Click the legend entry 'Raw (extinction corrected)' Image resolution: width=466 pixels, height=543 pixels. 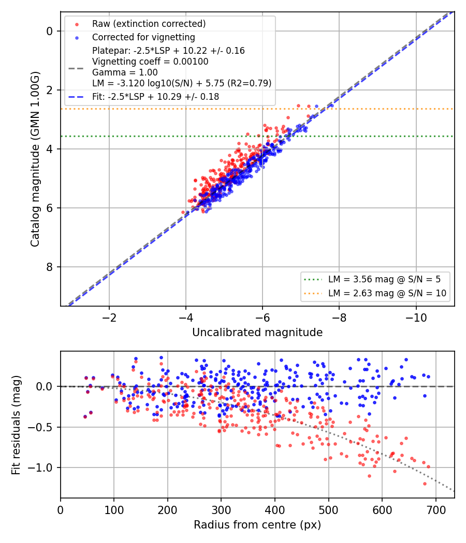click(149, 24)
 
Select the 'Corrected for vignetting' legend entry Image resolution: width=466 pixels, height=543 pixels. click(143, 37)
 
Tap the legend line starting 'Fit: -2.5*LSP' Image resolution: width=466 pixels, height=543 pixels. click(155, 97)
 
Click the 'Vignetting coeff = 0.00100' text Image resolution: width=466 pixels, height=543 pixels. click(150, 62)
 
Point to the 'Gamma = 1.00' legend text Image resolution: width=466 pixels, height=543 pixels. click(125, 72)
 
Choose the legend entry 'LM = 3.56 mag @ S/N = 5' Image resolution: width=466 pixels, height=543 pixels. click(384, 279)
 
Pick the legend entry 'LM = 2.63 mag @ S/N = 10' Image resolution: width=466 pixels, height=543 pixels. click(387, 293)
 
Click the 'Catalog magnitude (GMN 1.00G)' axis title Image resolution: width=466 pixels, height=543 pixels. click(35, 159)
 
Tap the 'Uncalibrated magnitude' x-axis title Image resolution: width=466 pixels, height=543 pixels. click(257, 333)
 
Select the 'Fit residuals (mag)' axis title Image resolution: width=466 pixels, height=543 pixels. click(16, 425)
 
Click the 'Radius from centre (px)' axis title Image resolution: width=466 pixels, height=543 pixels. click(257, 525)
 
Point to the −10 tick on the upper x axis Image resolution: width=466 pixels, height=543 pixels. click(416, 318)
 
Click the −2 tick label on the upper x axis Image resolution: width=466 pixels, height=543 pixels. click(109, 318)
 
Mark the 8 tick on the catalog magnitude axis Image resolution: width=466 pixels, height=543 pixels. click(50, 267)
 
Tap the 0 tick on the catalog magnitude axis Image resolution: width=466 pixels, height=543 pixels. click(50, 31)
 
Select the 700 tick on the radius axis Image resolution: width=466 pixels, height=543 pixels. click(436, 510)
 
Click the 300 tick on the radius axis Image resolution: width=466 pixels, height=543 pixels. click(221, 510)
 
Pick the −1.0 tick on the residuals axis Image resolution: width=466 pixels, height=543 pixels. click(42, 467)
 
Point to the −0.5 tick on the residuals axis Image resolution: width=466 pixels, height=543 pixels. click(42, 427)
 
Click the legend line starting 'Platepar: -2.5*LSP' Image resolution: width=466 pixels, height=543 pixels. click(168, 51)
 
